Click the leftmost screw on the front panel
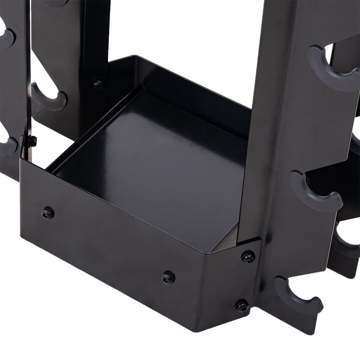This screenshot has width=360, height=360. pyautogui.click(x=48, y=213)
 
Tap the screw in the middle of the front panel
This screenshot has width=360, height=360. pyautogui.click(x=168, y=277)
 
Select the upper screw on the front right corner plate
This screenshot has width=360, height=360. pyautogui.click(x=248, y=257)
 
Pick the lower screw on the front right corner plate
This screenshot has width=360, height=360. pyautogui.click(x=242, y=306)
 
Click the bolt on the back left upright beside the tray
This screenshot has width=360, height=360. pyautogui.click(x=98, y=84)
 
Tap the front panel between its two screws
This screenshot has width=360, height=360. pyautogui.click(x=108, y=245)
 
